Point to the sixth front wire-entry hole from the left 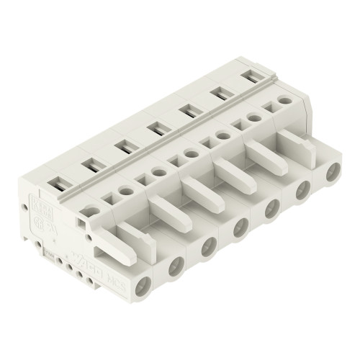[x=303, y=189]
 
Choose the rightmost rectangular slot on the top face [x=253, y=75]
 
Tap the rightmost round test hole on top [x=285, y=102]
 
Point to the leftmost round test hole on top [x=92, y=210]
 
